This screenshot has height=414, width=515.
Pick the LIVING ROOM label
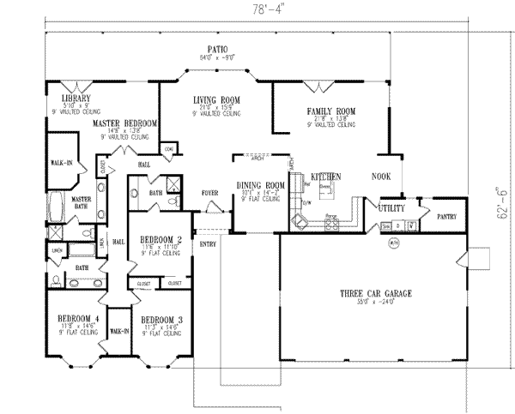[x=215, y=100]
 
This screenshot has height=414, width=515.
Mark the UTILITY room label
[x=392, y=207]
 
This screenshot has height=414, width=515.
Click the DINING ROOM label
[x=261, y=185]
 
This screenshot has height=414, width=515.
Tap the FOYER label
[x=210, y=194]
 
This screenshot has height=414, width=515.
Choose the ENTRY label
[x=209, y=244]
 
